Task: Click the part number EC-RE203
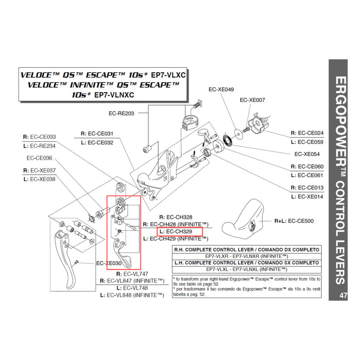121,113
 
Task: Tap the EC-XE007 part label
252,100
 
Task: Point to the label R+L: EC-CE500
294,221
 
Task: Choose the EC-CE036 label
39,158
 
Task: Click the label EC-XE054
307,154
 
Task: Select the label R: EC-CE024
307,133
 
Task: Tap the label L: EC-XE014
307,197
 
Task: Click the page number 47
343,296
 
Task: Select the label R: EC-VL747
132,274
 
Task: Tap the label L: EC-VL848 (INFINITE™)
132,295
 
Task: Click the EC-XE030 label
109,263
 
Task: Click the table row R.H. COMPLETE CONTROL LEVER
247,249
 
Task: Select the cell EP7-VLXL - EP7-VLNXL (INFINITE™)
247,269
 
